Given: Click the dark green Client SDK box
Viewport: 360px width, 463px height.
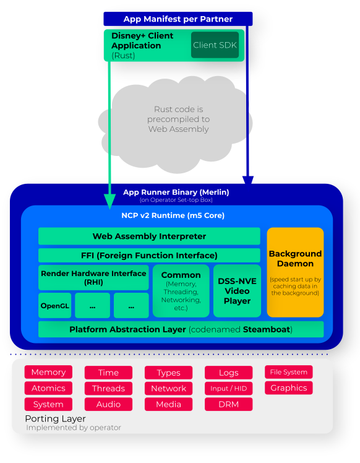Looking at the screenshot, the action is pos(215,45).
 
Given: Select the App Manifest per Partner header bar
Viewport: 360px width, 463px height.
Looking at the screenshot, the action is pos(178,19).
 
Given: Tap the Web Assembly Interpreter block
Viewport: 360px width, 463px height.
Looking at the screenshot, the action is pos(149,236).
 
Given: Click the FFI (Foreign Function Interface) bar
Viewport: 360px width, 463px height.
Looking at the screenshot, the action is pos(149,255).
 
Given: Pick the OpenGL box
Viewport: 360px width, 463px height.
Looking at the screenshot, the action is pos(55,306).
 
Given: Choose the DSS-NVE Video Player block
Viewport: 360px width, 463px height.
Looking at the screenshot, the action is pos(237,291).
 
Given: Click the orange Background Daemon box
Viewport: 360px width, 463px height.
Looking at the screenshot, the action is pos(295,272).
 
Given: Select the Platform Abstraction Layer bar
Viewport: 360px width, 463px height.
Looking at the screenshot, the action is pos(181,329).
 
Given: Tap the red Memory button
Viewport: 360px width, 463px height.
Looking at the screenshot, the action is pos(48,372).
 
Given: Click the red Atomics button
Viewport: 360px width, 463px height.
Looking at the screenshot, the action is pos(48,388).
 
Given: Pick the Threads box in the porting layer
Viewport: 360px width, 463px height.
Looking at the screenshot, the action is pos(108,388).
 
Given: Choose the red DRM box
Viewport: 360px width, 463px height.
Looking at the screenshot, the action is pos(229,404).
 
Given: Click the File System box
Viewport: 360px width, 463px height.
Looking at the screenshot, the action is pos(289,372).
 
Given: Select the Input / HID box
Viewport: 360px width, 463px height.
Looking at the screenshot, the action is pos(229,388).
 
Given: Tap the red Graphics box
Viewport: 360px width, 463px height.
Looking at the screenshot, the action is pos(289,387).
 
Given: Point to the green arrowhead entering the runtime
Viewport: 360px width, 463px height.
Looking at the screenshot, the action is pos(109,201).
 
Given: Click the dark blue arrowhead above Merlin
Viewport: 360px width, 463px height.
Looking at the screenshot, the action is pos(248,180).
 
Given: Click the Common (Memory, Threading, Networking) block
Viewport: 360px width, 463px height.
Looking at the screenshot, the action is pos(181,291).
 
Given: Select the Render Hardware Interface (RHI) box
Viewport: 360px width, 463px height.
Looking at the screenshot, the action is pos(93,277).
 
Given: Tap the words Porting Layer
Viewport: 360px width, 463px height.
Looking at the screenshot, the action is pos(55,418).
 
